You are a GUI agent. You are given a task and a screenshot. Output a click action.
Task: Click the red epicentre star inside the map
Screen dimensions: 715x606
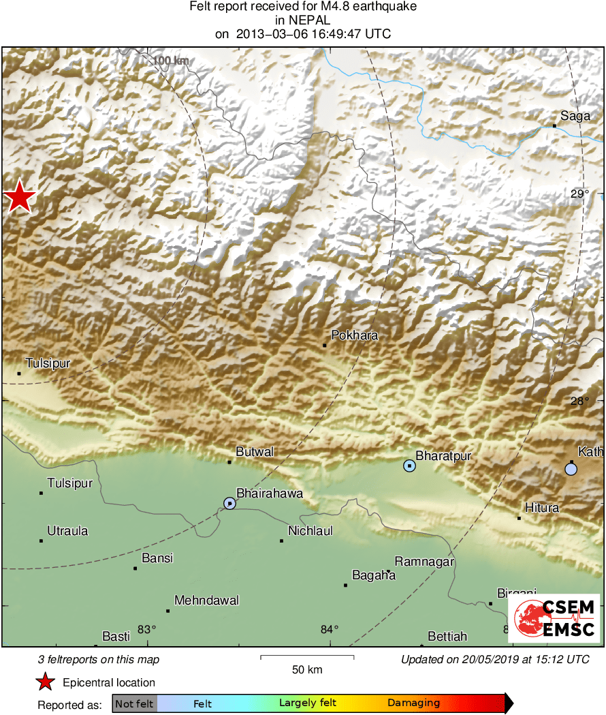pos(20,198)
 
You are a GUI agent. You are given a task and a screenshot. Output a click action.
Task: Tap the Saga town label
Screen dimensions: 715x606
pos(575,116)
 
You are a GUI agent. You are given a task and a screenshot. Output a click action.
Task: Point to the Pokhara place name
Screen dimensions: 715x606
pos(354,335)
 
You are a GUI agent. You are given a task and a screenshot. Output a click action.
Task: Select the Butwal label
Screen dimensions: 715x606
pos(255,452)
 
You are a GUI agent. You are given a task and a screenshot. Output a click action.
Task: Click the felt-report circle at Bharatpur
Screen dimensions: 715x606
pos(409,466)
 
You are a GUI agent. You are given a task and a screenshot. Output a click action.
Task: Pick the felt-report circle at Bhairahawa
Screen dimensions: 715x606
pos(229,503)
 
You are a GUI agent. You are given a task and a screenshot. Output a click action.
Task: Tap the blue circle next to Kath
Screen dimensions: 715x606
pos(571,469)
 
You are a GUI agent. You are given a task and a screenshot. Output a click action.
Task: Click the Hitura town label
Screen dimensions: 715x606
pos(542,508)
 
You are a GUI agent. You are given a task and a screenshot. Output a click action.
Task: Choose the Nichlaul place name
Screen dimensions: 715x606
pos(310,531)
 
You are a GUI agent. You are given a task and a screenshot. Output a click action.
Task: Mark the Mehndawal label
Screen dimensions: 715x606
pos(207,600)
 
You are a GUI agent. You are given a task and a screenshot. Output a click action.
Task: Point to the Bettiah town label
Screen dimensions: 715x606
pos(447,637)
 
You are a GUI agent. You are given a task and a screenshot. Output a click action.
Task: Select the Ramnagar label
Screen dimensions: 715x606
pos(424,562)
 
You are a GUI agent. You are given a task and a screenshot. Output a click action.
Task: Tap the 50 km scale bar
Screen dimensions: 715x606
pos(307,657)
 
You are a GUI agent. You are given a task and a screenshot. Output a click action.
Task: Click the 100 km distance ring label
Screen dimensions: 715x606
pos(170,61)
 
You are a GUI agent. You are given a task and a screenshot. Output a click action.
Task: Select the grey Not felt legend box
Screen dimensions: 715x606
pos(134,703)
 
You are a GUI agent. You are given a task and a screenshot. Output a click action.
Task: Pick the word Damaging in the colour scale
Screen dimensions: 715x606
pos(413,703)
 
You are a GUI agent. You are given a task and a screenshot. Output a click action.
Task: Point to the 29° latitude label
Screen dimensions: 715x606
pos(579,194)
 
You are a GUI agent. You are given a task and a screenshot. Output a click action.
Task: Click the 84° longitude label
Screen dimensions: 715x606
pos(330,629)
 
